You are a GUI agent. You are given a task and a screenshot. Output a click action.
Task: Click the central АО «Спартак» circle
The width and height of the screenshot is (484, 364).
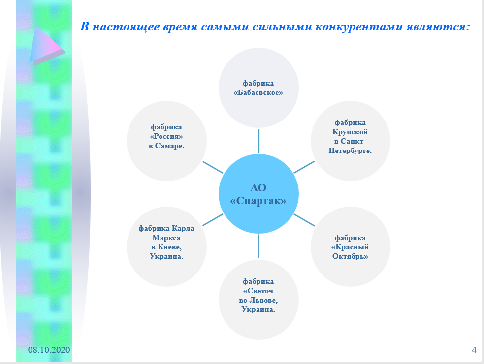click(258, 194)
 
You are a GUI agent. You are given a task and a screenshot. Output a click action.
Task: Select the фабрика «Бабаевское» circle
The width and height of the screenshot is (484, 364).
click(258, 88)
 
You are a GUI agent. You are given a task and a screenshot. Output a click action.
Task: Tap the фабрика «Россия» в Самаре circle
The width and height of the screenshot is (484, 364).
click(167, 141)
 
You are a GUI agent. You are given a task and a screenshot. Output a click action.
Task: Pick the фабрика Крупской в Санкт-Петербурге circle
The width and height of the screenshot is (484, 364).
click(351, 141)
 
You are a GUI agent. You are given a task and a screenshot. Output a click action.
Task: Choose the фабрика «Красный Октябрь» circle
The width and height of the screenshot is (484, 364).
click(351, 247)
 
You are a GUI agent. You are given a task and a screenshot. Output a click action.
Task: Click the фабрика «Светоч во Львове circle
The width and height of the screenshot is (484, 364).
click(258, 300)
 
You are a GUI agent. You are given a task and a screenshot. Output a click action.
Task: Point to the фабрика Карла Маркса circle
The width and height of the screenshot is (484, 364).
click(167, 247)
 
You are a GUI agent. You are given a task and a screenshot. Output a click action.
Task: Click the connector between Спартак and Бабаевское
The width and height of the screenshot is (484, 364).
click(258, 141)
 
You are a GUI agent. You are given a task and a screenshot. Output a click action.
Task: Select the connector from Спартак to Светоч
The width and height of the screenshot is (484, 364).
click(258, 246)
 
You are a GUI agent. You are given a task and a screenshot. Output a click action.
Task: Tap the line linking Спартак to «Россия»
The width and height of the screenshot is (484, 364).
click(213, 168)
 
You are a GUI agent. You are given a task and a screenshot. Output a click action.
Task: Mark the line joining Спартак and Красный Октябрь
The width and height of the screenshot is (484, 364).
click(304, 220)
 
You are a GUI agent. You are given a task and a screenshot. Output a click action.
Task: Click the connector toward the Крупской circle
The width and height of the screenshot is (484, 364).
click(304, 167)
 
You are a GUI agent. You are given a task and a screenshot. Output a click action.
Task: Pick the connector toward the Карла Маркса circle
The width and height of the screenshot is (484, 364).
click(213, 220)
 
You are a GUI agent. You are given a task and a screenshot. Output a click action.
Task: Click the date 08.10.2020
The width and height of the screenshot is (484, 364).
click(49, 350)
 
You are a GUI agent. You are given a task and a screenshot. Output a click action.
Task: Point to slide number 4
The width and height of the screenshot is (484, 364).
click(474, 350)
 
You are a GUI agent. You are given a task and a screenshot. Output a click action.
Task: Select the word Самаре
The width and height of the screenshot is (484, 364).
click(169, 146)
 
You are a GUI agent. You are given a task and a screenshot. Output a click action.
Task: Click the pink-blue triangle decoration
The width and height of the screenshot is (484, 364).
click(47, 46)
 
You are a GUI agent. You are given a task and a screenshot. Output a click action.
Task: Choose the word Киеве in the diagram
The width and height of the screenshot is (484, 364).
click(169, 247)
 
